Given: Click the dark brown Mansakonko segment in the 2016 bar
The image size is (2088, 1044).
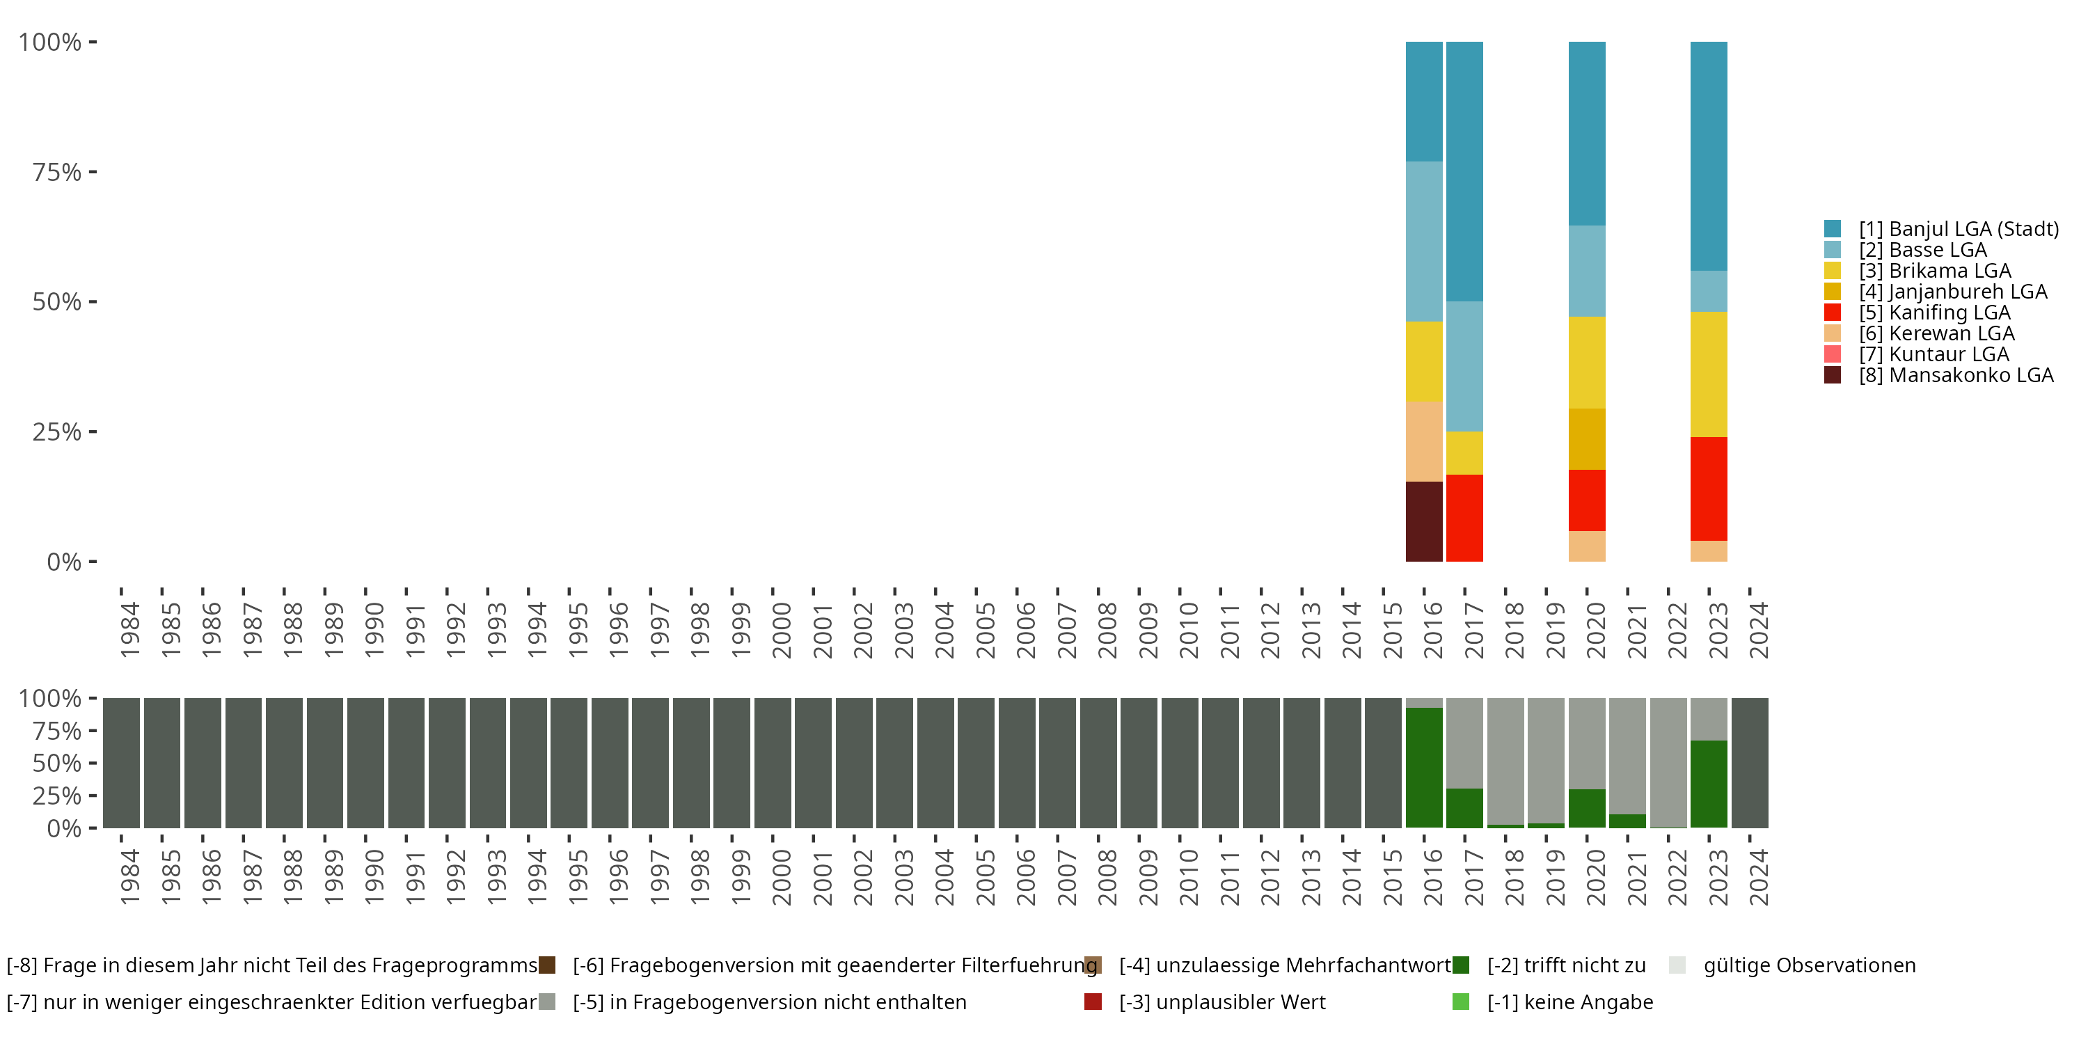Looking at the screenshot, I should [1423, 521].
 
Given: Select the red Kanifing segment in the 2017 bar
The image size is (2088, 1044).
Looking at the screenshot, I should [1464, 518].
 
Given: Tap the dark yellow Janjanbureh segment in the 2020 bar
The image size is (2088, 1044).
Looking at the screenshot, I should [1586, 438].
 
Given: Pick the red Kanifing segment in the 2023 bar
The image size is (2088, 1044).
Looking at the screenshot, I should [1708, 489].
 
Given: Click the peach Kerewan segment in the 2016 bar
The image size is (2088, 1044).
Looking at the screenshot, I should [1423, 442].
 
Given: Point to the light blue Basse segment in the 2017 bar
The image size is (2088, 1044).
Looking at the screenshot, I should [1464, 366].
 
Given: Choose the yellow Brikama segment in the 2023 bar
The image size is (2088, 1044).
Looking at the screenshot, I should [1708, 374].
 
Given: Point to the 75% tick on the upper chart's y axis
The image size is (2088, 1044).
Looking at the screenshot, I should [57, 172].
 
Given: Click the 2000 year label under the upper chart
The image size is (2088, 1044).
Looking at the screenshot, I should [781, 630].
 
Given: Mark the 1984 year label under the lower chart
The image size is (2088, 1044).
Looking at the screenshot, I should [129, 877].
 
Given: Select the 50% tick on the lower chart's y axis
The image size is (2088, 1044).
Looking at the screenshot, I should [57, 764].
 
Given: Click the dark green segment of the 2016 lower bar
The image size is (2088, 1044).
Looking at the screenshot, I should [1423, 767].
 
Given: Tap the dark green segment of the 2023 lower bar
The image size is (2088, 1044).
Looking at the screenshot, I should [1708, 783].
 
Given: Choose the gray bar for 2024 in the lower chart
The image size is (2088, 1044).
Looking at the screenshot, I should [1749, 763].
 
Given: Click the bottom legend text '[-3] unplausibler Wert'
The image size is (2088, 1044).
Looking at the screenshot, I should [1221, 1003].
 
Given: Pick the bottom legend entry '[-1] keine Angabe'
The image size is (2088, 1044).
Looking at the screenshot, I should [1569, 1003].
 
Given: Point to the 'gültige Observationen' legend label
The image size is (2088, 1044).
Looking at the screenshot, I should [1808, 965].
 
